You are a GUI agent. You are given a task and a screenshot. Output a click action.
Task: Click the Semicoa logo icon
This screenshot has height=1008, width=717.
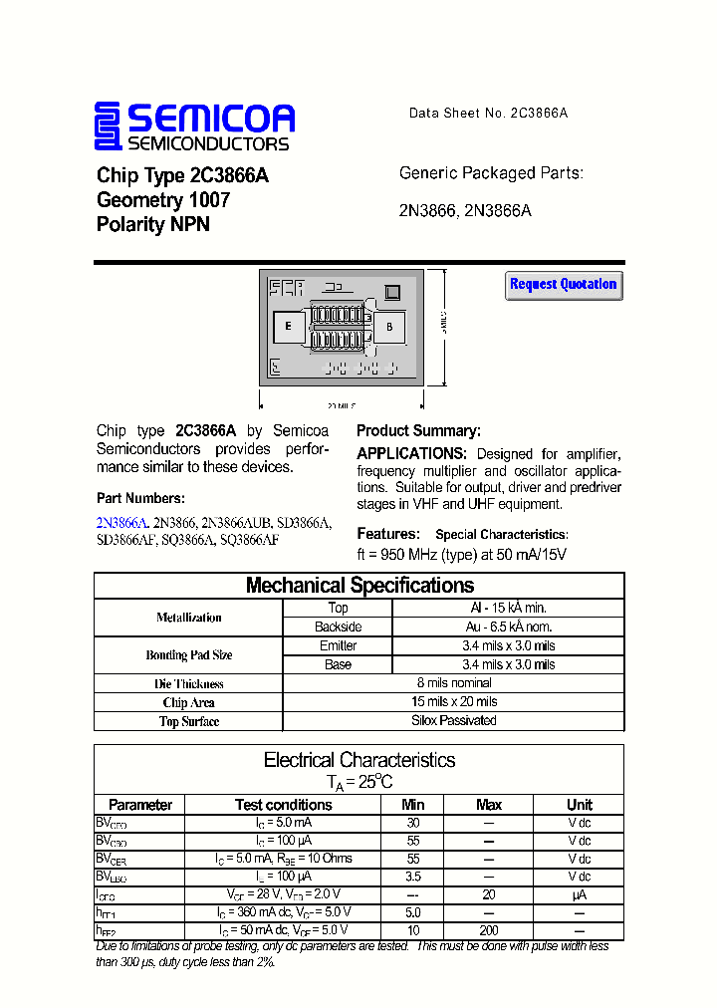click(x=109, y=126)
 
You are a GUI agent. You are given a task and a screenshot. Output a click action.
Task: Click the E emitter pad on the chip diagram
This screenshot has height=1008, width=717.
click(x=289, y=327)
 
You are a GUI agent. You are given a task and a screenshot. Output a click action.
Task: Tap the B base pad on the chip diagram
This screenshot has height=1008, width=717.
click(x=389, y=327)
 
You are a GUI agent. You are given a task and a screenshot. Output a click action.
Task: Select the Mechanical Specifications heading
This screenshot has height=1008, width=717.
click(x=359, y=586)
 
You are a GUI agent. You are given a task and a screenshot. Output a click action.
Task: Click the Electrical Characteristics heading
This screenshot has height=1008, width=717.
click(x=359, y=760)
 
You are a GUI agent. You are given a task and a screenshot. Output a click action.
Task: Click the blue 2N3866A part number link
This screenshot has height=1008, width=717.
click(x=121, y=522)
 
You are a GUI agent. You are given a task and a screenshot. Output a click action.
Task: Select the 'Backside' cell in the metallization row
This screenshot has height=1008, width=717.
click(x=338, y=627)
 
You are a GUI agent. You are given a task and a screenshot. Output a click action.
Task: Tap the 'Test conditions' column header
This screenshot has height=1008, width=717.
click(x=283, y=805)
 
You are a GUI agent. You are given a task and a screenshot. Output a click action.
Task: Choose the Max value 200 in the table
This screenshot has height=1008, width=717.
click(x=488, y=930)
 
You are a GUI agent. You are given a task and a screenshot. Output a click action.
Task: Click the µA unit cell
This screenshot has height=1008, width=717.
click(x=579, y=894)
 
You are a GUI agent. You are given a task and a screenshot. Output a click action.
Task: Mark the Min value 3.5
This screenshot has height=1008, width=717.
click(x=412, y=877)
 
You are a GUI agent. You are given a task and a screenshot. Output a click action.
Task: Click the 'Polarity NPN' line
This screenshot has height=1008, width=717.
click(x=153, y=225)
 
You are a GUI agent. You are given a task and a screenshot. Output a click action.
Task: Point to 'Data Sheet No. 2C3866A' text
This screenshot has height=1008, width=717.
click(x=488, y=114)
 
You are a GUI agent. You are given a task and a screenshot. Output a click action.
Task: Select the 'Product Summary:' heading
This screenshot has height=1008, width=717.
click(x=418, y=431)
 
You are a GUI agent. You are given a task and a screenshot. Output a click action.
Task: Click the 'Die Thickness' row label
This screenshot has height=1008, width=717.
click(x=189, y=684)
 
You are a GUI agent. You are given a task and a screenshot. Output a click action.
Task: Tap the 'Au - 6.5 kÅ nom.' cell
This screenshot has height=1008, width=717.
click(x=508, y=627)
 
